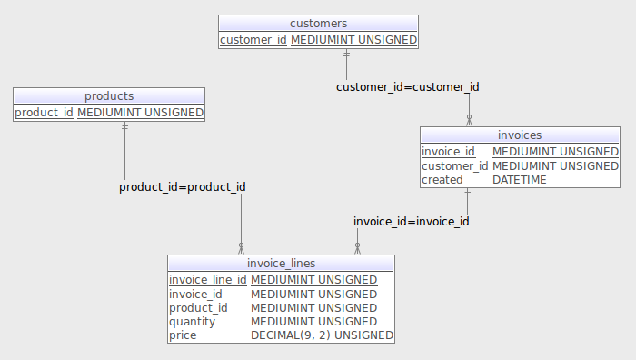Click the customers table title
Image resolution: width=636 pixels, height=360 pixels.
318,23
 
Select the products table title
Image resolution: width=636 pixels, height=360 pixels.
109,95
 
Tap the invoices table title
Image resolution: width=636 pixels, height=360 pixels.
520,135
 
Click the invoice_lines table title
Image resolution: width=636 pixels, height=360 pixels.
281,264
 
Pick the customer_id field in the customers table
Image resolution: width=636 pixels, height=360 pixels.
253,40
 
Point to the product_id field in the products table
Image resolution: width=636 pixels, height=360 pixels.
44,113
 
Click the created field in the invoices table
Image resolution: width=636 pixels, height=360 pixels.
442,180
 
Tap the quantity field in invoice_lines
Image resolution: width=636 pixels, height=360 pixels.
192,322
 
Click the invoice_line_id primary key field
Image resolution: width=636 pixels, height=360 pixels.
208,280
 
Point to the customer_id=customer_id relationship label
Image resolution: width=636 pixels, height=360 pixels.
407,87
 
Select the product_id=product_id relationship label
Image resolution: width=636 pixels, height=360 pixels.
182,187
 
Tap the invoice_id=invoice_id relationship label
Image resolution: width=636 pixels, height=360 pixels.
411,221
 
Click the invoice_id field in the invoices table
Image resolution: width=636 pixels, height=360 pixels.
448,152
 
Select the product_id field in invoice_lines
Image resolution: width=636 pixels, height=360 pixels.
198,308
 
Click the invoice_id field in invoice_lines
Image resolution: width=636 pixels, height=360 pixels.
195,295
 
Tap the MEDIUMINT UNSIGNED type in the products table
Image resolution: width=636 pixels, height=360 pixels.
140,113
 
